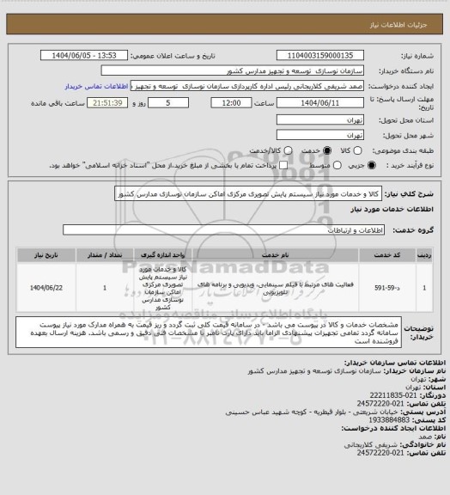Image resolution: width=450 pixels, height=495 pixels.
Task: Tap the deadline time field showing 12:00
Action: click(230, 102)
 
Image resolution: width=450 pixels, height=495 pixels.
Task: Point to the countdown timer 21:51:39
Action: click(97, 102)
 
